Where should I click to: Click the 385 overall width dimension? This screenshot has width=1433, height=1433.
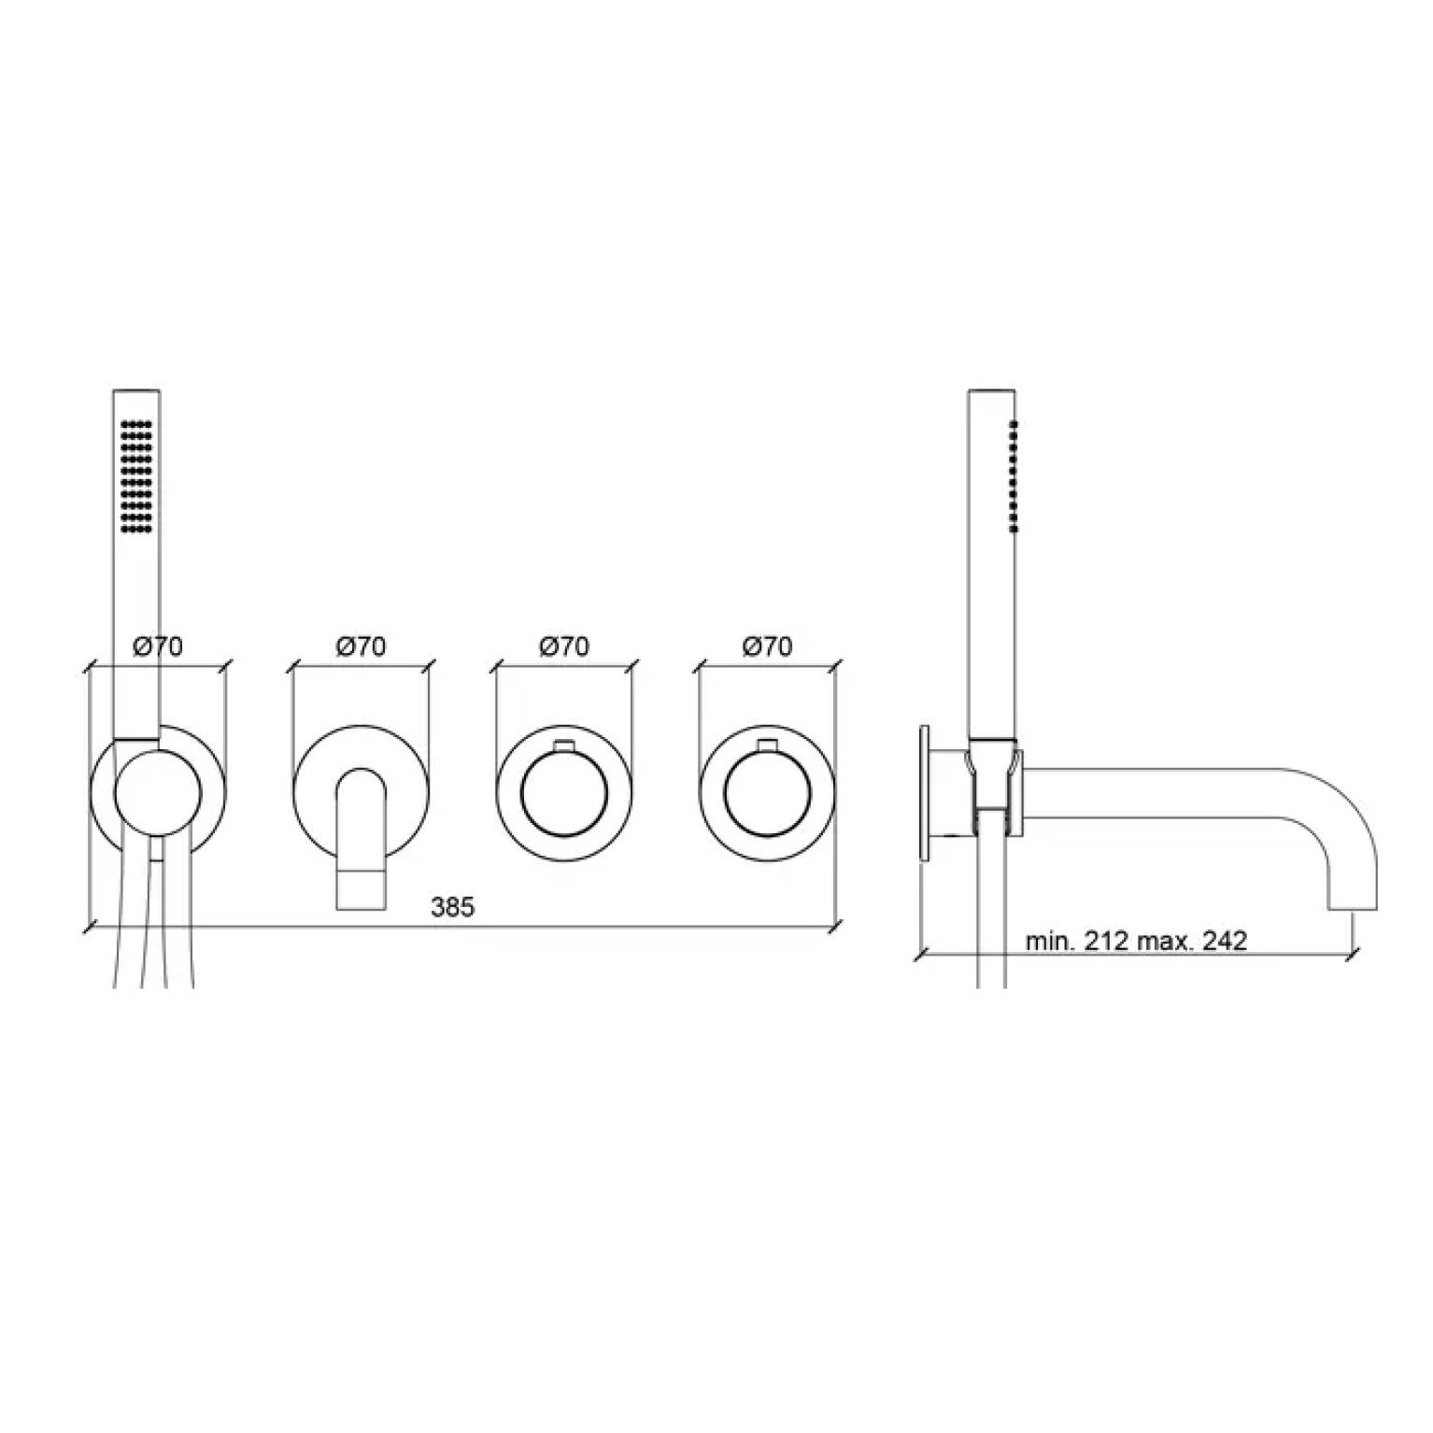[x=452, y=906]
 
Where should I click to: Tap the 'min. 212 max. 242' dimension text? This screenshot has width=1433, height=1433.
[x=1136, y=941]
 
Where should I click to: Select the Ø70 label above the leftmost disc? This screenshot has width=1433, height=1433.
[x=158, y=646]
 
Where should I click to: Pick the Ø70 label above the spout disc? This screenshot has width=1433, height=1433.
[x=362, y=646]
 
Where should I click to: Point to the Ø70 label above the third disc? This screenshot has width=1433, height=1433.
[x=564, y=646]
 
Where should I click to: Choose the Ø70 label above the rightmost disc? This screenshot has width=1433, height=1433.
[x=767, y=646]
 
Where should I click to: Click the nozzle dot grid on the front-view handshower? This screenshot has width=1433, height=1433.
[x=136, y=476]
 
